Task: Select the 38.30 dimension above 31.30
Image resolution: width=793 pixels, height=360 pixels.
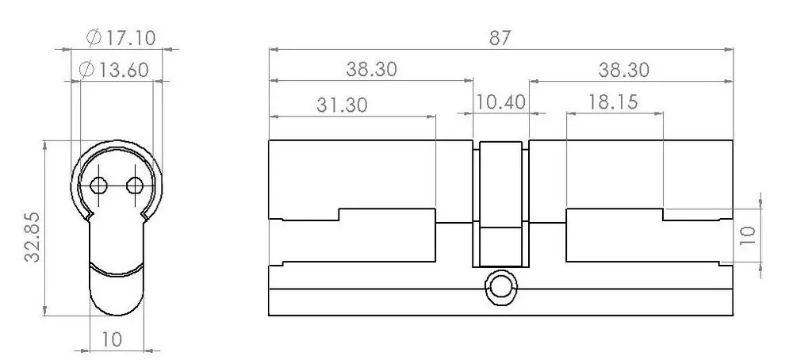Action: coord(371,70)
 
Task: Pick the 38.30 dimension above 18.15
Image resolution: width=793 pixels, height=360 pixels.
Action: coord(623,70)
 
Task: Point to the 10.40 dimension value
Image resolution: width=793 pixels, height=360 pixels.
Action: coord(501,104)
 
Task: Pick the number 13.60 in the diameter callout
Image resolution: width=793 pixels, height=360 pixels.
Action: coord(124,70)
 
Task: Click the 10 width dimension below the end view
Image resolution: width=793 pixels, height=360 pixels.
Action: coord(111,339)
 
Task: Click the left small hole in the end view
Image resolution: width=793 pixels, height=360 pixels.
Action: coord(98,186)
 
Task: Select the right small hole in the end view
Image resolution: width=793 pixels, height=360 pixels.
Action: coord(135,186)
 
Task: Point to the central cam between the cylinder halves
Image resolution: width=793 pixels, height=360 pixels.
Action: coord(501,205)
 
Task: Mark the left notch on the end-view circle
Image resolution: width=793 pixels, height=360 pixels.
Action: coord(89,215)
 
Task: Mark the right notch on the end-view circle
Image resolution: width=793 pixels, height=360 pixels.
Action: coord(145,215)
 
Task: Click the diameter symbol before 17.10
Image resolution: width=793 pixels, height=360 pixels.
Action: coord(90,36)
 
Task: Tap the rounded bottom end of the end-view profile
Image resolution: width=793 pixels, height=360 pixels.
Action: coord(117,305)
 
